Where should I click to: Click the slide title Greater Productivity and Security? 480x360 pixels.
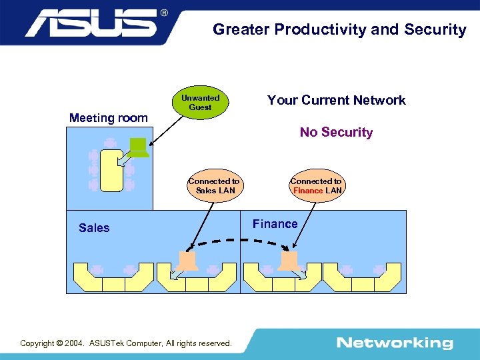pyautogui.click(x=339, y=29)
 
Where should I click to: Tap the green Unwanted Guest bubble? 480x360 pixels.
pyautogui.click(x=200, y=103)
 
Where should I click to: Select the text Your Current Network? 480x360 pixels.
pyautogui.click(x=336, y=100)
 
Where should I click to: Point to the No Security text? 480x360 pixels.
pyautogui.click(x=336, y=132)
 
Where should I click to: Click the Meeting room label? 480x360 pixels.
pyautogui.click(x=109, y=118)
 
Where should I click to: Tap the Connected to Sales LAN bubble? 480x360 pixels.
pyautogui.click(x=213, y=185)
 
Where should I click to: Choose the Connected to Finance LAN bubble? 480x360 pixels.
pyautogui.click(x=316, y=185)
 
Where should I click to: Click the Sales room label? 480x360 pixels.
pyautogui.click(x=94, y=228)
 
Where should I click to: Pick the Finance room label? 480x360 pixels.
pyautogui.click(x=275, y=224)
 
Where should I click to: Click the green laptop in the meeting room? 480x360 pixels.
pyautogui.click(x=139, y=145)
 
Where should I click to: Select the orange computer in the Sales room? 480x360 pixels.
pyautogui.click(x=188, y=261)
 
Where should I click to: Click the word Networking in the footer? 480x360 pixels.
pyautogui.click(x=395, y=343)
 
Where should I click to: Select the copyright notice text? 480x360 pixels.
pyautogui.click(x=126, y=343)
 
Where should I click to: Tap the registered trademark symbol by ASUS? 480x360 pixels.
pyautogui.click(x=164, y=13)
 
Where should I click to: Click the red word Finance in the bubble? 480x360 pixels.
pyautogui.click(x=308, y=191)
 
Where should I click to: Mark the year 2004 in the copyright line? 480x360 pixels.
pyautogui.click(x=75, y=343)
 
